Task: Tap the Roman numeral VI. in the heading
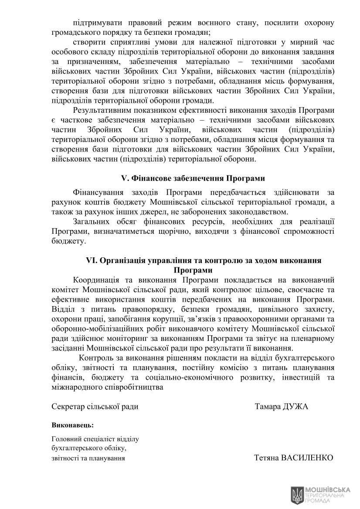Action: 92,260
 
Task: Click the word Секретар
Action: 67,407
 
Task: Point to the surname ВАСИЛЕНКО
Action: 308,458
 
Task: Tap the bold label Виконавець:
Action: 72,424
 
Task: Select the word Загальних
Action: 90,222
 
